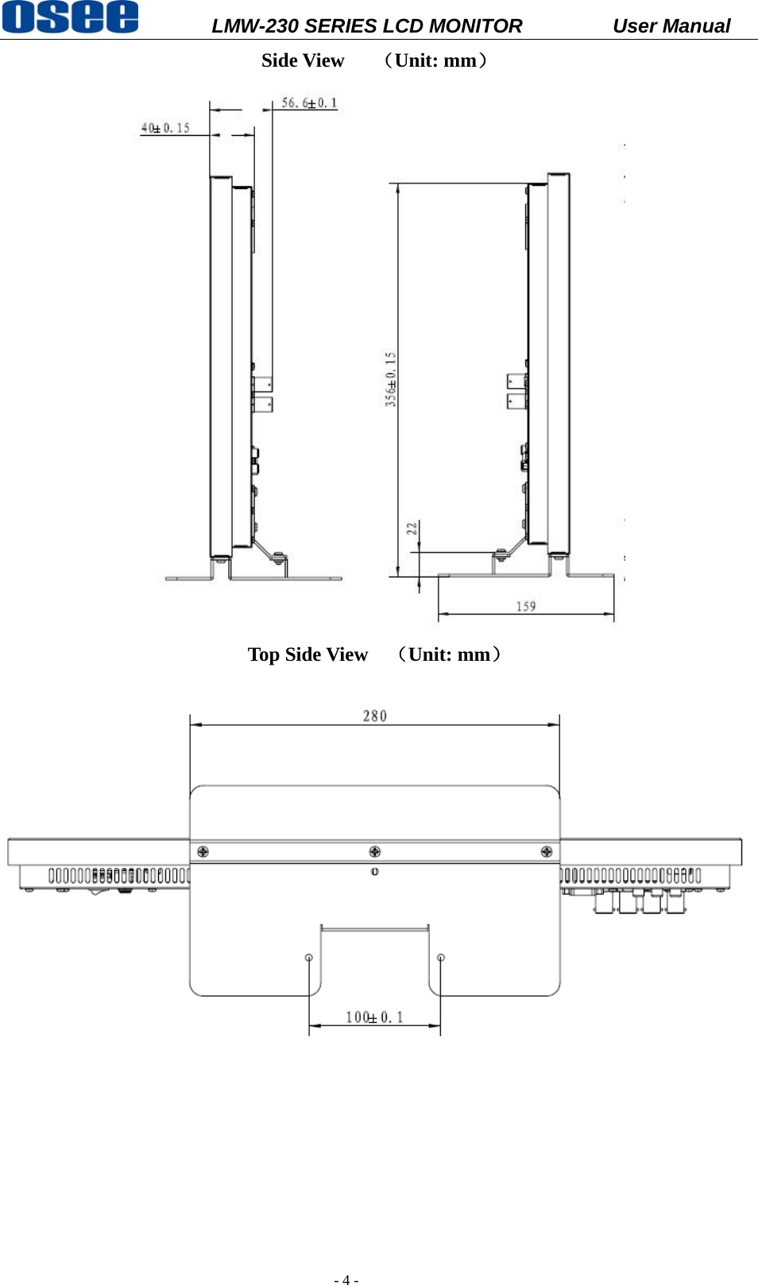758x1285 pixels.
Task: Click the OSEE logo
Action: coord(70,17)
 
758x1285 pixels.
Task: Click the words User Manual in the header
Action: coord(671,26)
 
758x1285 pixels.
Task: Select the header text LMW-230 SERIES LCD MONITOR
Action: coord(366,26)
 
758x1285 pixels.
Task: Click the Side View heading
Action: coord(303,61)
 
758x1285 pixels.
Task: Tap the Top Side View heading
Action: coord(307,654)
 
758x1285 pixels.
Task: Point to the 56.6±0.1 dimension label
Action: coord(309,103)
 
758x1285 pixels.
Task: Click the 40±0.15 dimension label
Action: coord(165,128)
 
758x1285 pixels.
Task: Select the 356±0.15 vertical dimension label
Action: coord(391,380)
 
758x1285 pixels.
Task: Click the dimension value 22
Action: coord(412,528)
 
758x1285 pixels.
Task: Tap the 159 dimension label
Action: coord(526,607)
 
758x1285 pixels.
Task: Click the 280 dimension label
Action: coord(375,716)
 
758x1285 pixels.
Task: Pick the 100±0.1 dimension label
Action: coord(374,1017)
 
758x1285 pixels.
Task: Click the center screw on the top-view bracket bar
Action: coord(375,851)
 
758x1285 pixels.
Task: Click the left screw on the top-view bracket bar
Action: coord(203,851)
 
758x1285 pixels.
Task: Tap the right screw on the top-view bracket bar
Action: coord(547,851)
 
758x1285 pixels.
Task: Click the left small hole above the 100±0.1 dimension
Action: coord(309,958)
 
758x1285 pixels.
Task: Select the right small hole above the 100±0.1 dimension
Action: coord(441,958)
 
